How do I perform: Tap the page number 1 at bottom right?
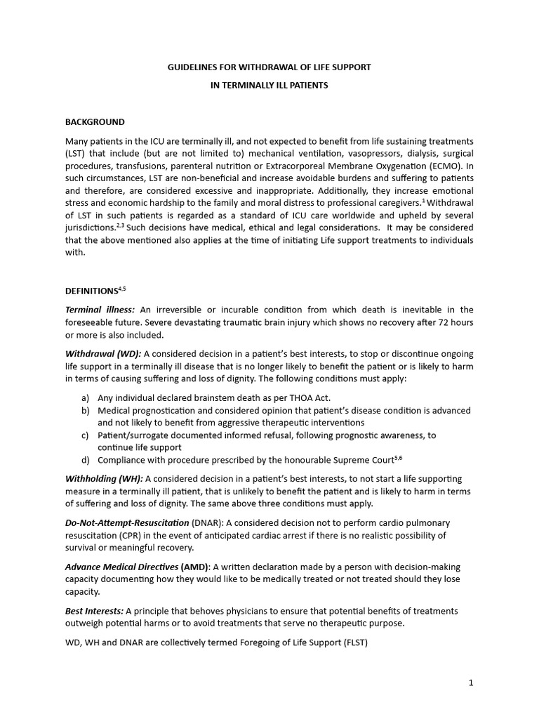470,682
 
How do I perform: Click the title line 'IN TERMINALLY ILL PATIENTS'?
269,85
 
